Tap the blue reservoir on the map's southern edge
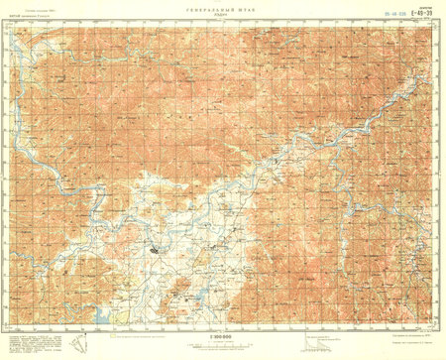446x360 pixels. click(102, 316)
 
